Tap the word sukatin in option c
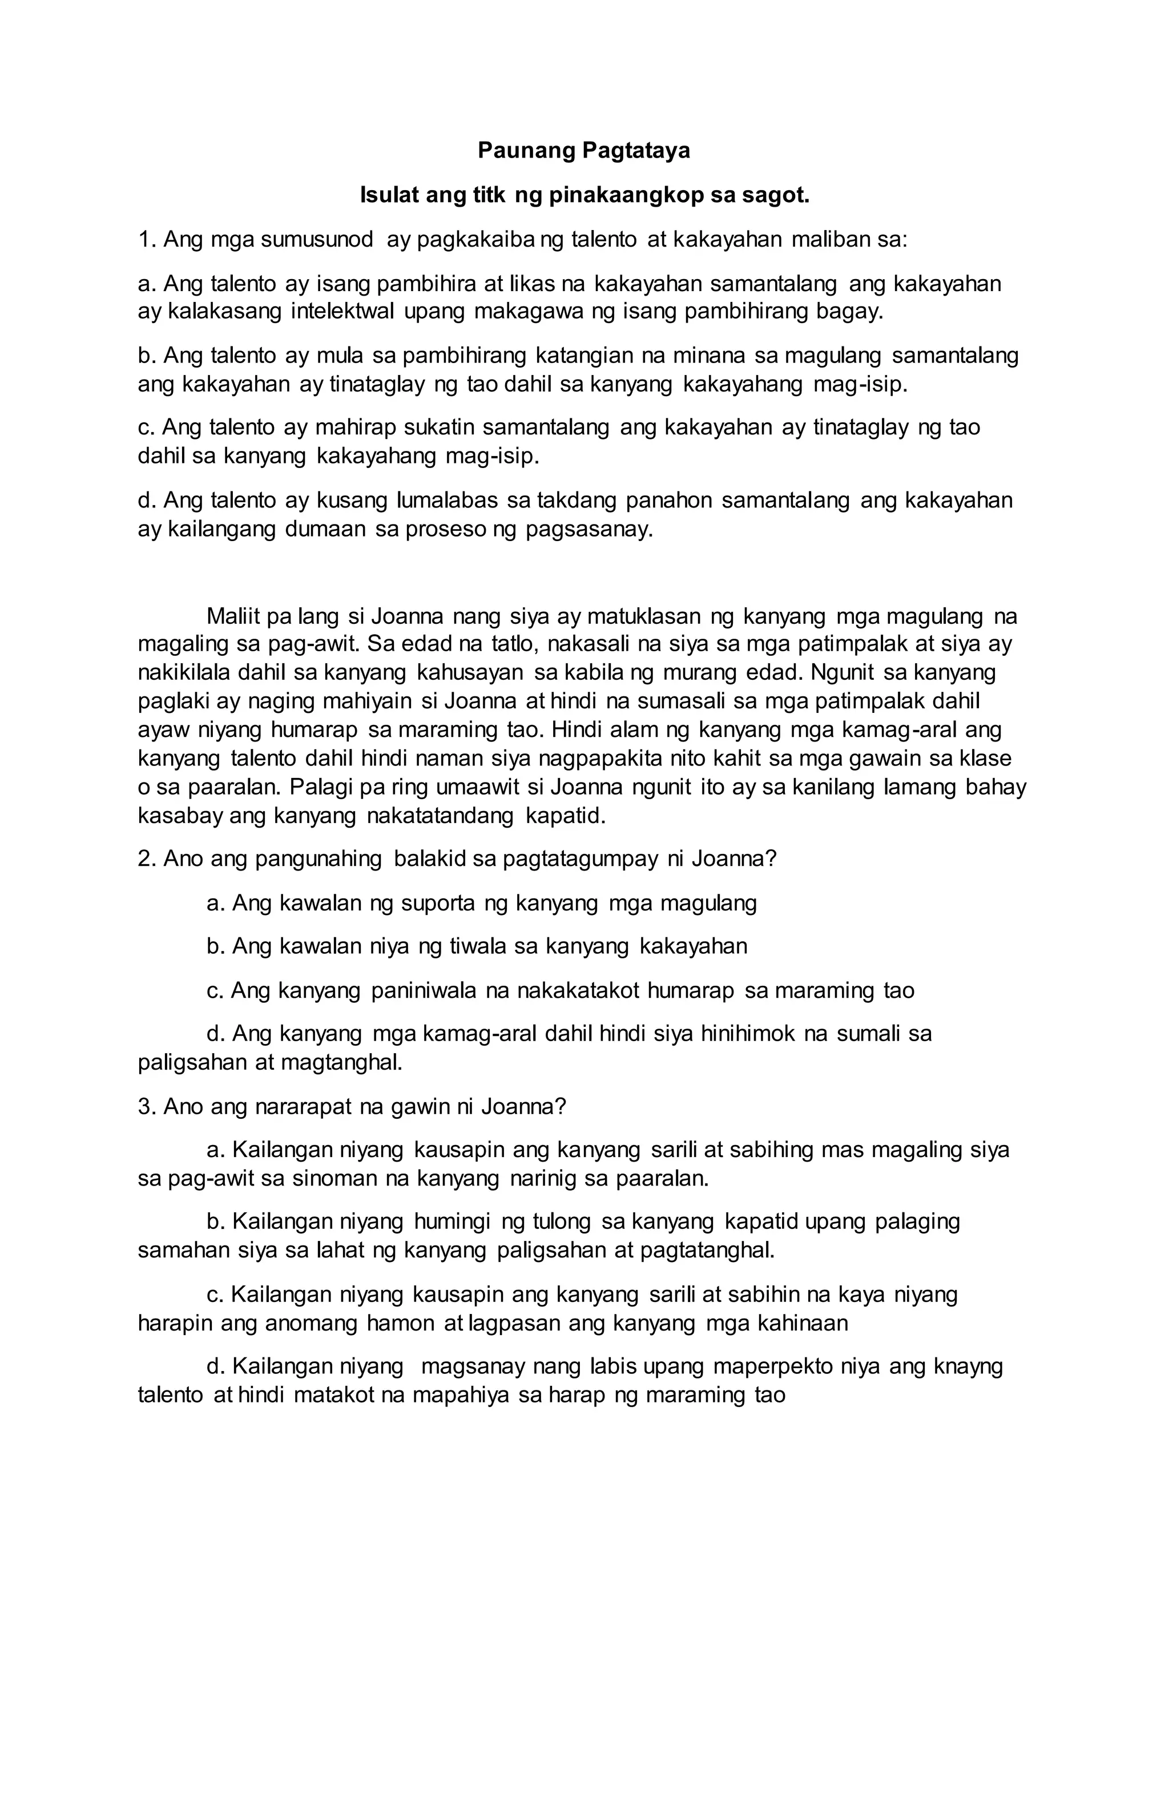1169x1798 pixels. point(439,428)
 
